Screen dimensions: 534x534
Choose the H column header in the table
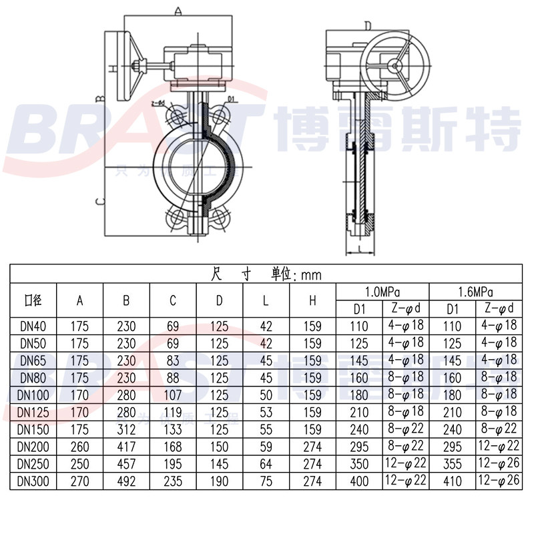click(312, 300)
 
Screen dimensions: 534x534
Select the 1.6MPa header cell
click(475, 292)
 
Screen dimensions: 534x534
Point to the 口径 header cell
click(32, 300)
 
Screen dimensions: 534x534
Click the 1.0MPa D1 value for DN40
click(359, 326)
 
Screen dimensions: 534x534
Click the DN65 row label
click(32, 360)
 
